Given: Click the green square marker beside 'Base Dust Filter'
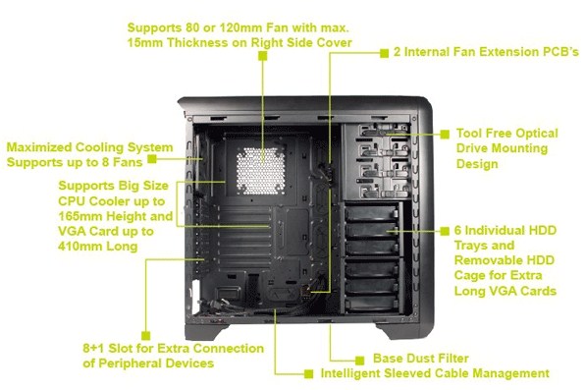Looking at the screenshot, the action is [359, 361].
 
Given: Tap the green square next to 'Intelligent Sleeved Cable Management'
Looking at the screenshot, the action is [308, 374].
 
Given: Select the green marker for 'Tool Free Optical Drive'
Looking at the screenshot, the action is [445, 135].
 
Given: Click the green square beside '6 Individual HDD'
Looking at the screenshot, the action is [445, 231].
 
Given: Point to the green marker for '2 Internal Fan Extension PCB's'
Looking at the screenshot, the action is [385, 53].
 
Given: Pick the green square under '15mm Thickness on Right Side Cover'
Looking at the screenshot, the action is [263, 56].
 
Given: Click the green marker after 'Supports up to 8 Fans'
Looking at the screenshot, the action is [152, 159].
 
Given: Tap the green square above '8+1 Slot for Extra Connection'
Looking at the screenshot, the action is [146, 335].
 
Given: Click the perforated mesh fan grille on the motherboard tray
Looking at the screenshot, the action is [261, 171].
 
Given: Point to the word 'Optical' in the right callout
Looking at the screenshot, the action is [537, 134].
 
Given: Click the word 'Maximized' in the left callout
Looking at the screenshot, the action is [39, 147].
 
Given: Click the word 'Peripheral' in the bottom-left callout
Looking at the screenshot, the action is [131, 363].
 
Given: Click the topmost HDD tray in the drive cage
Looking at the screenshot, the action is [371, 212].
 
